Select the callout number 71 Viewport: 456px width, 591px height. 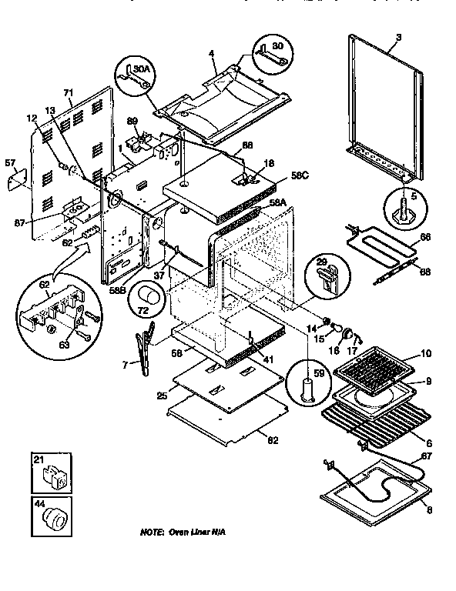(68, 92)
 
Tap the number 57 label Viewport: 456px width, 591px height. (10, 163)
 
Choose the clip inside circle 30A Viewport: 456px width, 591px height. (132, 78)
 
